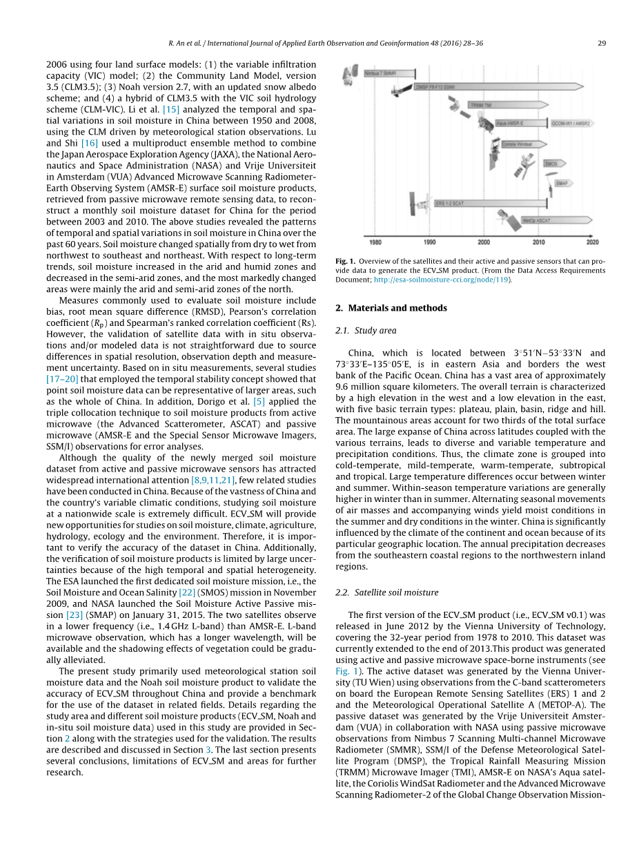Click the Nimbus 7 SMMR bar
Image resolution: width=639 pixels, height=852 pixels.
point(389,72)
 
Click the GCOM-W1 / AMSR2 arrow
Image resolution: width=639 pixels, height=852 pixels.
point(571,124)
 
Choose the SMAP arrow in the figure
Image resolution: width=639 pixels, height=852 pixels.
point(562,184)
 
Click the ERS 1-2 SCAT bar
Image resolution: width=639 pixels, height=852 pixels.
point(490,204)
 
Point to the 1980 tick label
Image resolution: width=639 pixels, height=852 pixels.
point(375,242)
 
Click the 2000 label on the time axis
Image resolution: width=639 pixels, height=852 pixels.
point(484,242)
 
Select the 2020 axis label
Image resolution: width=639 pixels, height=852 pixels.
point(592,242)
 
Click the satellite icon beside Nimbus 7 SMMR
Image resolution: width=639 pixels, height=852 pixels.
point(351,72)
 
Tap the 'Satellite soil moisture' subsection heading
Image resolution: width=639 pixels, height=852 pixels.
point(396,592)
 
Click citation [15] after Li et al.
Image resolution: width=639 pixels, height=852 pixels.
point(170,109)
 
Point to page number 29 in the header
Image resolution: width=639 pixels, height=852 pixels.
point(601,43)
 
